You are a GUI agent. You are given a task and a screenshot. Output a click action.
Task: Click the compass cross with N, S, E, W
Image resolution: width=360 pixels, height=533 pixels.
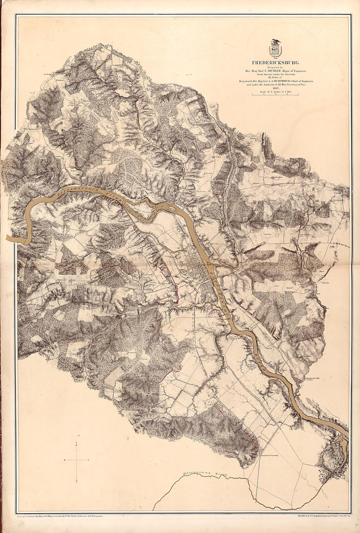tap(76, 460)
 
